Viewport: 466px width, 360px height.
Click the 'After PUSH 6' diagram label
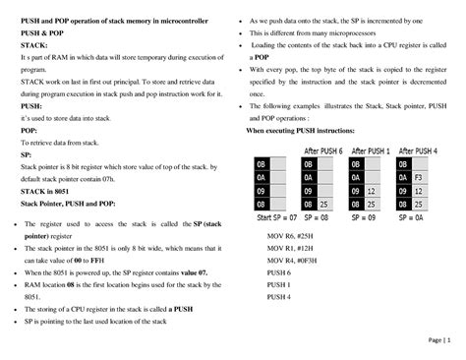point(323,150)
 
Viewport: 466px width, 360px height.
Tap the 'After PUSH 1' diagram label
point(372,150)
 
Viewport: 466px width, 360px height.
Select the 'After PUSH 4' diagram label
point(418,150)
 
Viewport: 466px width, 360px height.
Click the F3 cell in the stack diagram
point(419,178)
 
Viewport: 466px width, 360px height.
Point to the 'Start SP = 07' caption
point(276,215)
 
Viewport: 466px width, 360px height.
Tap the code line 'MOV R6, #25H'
point(292,238)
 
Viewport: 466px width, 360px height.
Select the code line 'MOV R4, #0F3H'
point(294,261)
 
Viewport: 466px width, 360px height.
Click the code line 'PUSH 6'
point(279,272)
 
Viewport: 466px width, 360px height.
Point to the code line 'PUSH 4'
point(279,296)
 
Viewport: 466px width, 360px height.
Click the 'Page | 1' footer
point(439,340)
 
